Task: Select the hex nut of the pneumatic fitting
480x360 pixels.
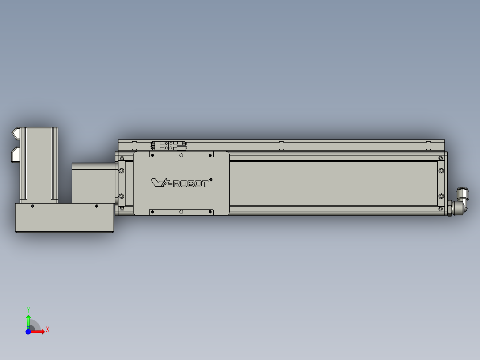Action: point(449,208)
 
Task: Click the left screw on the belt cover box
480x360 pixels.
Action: point(33,206)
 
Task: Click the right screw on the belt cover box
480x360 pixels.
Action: point(97,206)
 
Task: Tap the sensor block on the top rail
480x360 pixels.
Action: point(169,145)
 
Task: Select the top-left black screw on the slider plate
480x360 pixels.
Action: point(152,155)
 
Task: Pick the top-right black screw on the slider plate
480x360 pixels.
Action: point(211,155)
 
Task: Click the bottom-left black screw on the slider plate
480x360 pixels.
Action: point(152,212)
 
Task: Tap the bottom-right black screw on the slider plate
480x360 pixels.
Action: point(211,212)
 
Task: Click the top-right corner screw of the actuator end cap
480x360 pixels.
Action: point(441,158)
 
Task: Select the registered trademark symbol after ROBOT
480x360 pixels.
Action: point(211,180)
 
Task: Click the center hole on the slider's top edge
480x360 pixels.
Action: point(181,156)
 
